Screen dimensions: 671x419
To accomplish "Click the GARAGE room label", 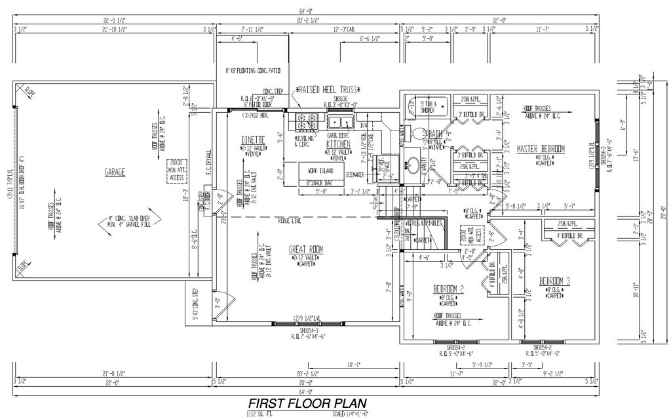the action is pos(115,172).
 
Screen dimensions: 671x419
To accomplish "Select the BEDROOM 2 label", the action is pos(449,289).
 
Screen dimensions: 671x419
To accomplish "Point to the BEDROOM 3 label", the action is pos(554,281).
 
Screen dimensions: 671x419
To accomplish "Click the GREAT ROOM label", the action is pos(306,249).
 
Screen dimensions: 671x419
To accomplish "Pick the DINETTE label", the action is pos(252,140).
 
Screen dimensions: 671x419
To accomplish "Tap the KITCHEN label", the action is pos(338,143).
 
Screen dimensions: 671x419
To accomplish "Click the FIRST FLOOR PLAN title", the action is pos(306,403).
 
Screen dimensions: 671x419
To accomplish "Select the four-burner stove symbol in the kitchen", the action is pos(307,121).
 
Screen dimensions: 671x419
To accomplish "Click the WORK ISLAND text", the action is pos(316,171).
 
